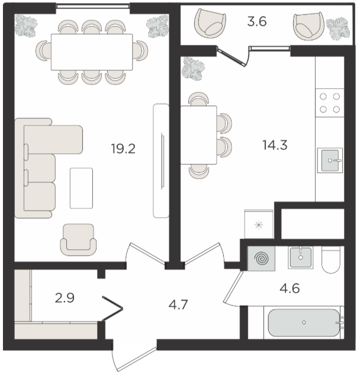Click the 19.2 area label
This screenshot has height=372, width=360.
coord(123,149)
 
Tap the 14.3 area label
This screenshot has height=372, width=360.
coord(275,145)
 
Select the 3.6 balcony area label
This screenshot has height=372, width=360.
coord(257,21)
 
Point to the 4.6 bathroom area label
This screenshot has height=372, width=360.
coord(290,288)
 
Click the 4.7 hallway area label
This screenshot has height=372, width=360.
coord(178,304)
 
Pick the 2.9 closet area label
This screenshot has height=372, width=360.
coord(65,298)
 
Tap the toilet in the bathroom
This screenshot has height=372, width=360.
coord(331,259)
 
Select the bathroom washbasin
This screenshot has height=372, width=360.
coord(300,258)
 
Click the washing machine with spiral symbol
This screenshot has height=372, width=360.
coord(261,258)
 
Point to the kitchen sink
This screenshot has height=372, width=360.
coord(330,161)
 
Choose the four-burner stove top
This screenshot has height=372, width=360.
coord(330,102)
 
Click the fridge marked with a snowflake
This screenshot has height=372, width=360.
coord(259,224)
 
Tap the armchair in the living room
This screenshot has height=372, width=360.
coord(78,240)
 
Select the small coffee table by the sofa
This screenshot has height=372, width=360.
coord(81,188)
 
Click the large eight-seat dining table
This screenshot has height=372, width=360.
coord(92,52)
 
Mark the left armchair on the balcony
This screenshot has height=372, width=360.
coord(210,24)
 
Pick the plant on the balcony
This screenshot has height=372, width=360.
coord(338,29)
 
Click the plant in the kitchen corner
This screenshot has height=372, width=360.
coord(193,68)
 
